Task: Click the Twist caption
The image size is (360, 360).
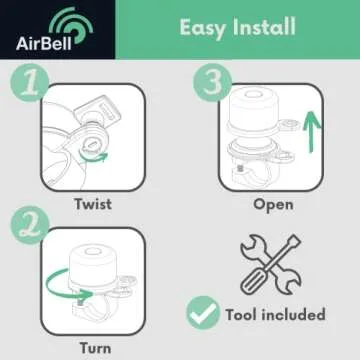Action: (92, 203)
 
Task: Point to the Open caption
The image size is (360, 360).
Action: (273, 203)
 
